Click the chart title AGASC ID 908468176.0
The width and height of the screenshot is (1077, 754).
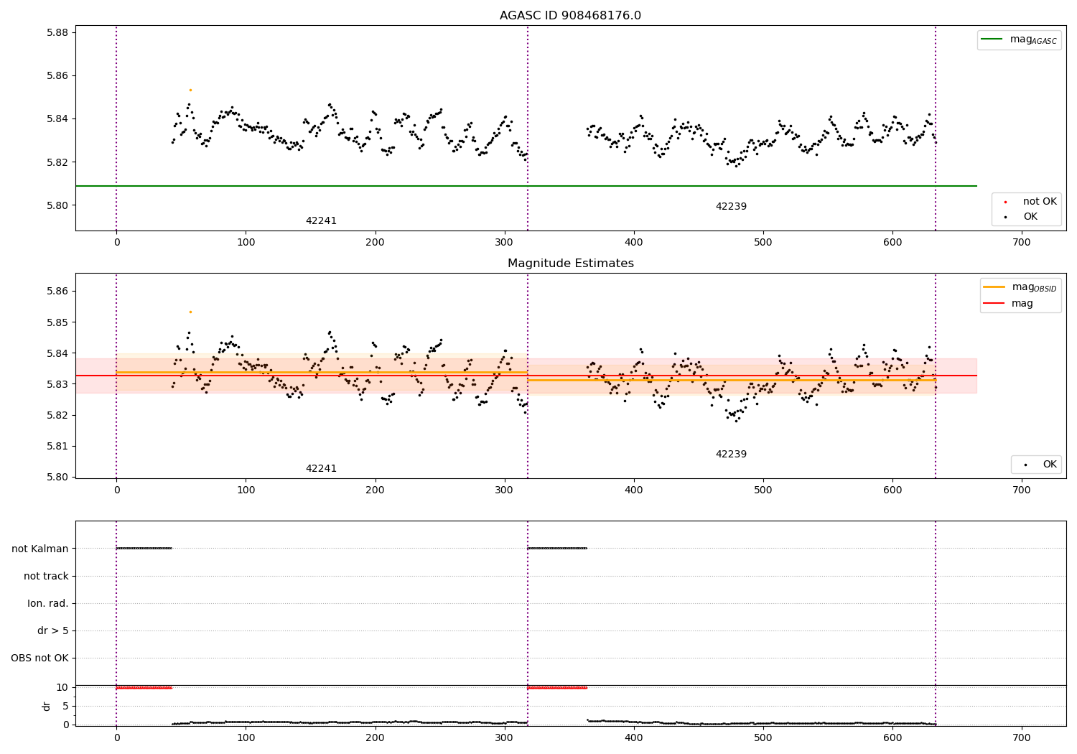[x=570, y=16]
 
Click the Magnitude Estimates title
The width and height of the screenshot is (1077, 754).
[x=570, y=264]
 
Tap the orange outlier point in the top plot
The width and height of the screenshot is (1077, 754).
[x=190, y=90]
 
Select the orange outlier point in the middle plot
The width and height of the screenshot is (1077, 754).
[x=190, y=312]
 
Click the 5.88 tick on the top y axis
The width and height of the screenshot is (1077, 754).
[x=57, y=32]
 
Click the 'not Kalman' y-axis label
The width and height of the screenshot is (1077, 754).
[x=40, y=549]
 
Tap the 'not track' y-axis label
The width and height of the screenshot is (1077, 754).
[x=46, y=576]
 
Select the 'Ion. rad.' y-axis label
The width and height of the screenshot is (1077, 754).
[x=48, y=603]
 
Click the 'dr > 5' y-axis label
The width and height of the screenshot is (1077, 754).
[x=53, y=630]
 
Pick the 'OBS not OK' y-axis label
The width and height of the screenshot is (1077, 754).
[x=39, y=658]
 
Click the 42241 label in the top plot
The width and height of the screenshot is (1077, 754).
[x=321, y=221]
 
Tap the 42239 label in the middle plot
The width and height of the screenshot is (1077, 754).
[x=731, y=455]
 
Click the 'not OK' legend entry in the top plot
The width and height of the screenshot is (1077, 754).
[x=1040, y=202]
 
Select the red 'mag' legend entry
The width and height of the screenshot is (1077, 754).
[x=1022, y=304]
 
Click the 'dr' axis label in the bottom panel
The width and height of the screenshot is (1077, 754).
[x=47, y=706]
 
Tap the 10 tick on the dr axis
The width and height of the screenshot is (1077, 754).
[x=62, y=687]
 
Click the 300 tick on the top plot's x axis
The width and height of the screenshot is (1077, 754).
[x=505, y=243]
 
